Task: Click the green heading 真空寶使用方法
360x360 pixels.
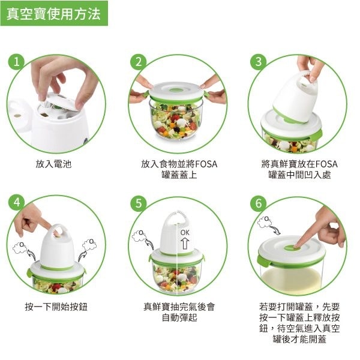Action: (54, 14)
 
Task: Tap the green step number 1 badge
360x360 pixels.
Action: (16, 62)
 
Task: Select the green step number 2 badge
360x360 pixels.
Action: (139, 62)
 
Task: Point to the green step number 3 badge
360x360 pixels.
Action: (259, 62)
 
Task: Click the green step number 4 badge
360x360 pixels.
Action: (17, 203)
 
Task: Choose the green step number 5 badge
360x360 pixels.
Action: (139, 203)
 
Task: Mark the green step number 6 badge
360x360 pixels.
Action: (259, 203)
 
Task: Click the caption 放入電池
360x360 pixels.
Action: (53, 164)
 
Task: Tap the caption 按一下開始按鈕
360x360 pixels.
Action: (56, 307)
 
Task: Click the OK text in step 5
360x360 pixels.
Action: (185, 233)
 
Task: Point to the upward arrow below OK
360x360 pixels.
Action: (185, 244)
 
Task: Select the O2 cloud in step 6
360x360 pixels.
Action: (265, 222)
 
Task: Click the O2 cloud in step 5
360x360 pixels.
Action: (139, 236)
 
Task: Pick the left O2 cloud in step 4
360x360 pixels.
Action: (20, 247)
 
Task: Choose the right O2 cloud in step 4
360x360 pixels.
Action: (89, 245)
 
